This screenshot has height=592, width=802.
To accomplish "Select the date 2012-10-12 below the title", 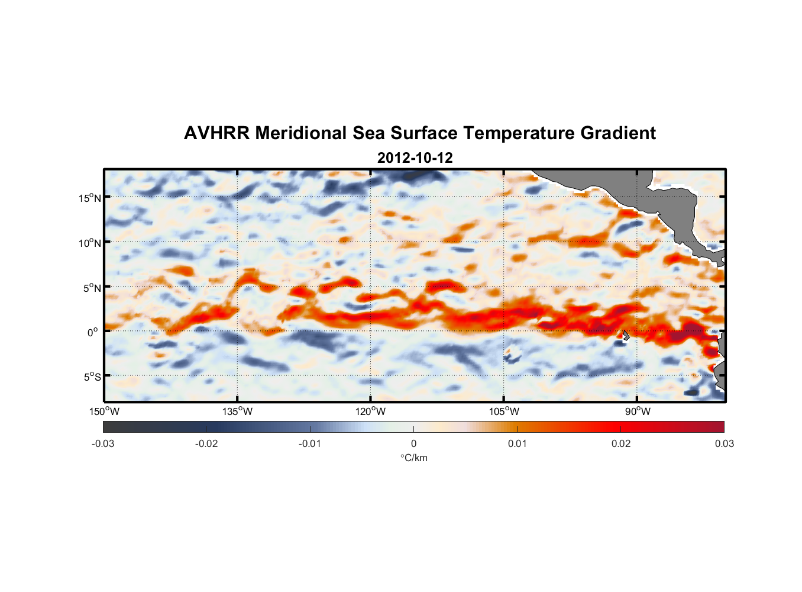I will pyautogui.click(x=415, y=158).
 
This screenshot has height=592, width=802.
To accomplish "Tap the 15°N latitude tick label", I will pyautogui.click(x=90, y=198).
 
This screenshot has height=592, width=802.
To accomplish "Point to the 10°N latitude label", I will pyautogui.click(x=90, y=243).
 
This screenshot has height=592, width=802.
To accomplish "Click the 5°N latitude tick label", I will pyautogui.click(x=92, y=288).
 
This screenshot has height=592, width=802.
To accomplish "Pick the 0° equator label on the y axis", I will pyautogui.click(x=93, y=332).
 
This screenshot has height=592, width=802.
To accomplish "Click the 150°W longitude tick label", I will pyautogui.click(x=104, y=411).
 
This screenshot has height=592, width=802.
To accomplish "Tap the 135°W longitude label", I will pyautogui.click(x=237, y=411).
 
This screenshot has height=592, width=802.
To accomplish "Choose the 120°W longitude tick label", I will pyautogui.click(x=370, y=411).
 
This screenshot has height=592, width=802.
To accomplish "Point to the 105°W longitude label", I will pyautogui.click(x=504, y=411).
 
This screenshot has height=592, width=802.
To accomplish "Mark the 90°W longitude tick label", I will pyautogui.click(x=638, y=411).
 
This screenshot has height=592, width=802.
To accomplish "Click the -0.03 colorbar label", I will pyautogui.click(x=103, y=444).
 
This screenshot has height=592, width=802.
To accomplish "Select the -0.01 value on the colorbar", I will pyautogui.click(x=310, y=444).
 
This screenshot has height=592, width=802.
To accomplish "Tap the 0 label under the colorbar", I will pyautogui.click(x=413, y=444).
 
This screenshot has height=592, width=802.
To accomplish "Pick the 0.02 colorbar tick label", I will pyautogui.click(x=621, y=444).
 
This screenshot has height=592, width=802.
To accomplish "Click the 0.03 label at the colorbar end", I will pyautogui.click(x=724, y=444).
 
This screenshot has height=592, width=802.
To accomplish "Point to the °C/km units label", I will pyautogui.click(x=413, y=458).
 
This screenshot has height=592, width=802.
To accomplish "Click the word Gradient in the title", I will pyautogui.click(x=618, y=133).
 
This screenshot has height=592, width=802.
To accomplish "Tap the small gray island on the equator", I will pyautogui.click(x=625, y=335).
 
